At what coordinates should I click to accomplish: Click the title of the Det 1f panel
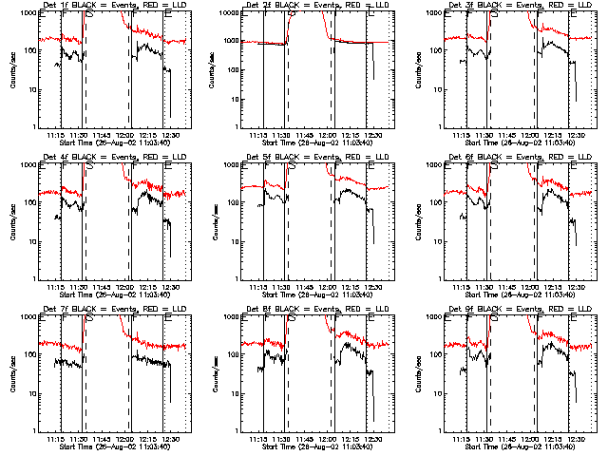pyautogui.click(x=114, y=6)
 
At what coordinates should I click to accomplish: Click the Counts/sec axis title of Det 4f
pyautogui.click(x=11, y=221)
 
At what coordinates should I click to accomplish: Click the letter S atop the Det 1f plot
pyautogui.click(x=89, y=15)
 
